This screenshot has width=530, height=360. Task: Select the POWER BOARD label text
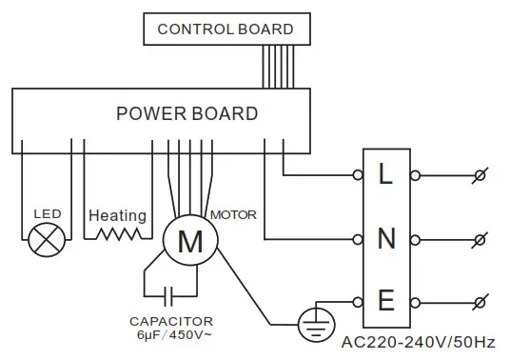[x=186, y=114]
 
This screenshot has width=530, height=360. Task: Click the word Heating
[x=117, y=216]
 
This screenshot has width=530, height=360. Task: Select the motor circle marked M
[x=190, y=242]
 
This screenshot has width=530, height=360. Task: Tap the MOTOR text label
[x=233, y=213]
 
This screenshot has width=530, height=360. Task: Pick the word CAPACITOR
[x=172, y=322]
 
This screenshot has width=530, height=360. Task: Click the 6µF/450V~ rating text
[x=172, y=335]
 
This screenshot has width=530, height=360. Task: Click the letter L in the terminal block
[x=385, y=175]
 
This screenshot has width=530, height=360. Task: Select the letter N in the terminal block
[x=385, y=238]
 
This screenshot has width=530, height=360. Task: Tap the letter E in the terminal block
[x=385, y=302]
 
